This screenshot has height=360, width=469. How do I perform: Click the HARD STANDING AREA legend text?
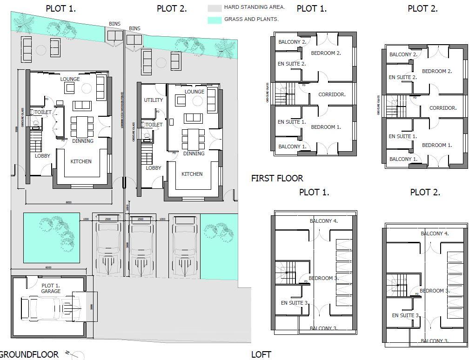coord(254,7)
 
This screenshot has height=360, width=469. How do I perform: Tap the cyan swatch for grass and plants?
coord(214,20)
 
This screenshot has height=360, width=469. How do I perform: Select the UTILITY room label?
coord(153,100)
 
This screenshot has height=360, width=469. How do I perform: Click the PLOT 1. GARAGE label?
coord(51,288)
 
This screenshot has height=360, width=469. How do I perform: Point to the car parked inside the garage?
coord(47,307)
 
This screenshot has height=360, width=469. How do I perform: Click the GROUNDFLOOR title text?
coord(29,355)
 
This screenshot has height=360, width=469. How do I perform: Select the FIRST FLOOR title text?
coord(277,178)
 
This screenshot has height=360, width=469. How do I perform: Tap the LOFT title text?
coord(261,354)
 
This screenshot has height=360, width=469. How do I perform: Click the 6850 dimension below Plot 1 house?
coord(68,202)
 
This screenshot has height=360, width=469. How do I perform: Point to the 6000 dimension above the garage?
coord(48,267)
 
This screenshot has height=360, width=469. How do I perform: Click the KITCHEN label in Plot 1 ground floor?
coord(81,161)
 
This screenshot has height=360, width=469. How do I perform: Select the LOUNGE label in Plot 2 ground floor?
coord(194,92)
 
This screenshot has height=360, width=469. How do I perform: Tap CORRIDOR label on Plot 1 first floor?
coord(332,94)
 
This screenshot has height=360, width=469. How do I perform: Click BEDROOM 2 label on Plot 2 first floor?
coord(437,71)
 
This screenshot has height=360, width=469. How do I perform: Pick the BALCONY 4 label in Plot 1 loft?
coord(323,221)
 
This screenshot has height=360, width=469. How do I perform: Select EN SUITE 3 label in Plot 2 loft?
coord(405,315)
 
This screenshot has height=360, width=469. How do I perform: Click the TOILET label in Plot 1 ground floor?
coord(42,113)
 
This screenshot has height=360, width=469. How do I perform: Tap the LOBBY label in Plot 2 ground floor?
coord(154,168)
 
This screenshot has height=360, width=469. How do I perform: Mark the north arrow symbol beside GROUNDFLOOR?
coord(74,355)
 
